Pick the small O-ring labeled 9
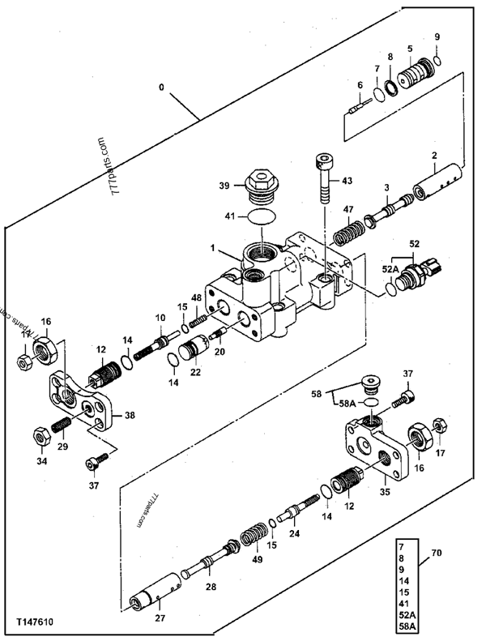437,61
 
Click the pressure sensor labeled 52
419,275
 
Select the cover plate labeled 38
81,400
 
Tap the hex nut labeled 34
41,438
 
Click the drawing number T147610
35,622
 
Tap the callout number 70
436,553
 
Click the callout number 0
161,88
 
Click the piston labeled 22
194,347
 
